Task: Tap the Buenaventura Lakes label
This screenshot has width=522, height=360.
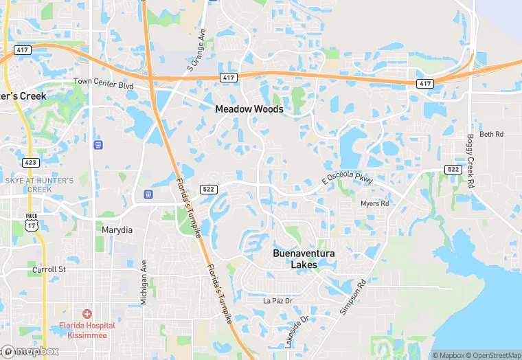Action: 304,259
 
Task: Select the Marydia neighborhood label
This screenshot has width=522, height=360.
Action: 117,230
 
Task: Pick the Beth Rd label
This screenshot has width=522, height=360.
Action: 491,134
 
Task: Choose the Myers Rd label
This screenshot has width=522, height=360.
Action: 374,203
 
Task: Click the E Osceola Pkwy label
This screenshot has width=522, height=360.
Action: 348,177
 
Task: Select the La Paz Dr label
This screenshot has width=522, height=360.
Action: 278,301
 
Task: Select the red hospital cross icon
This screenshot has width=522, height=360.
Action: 87,313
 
